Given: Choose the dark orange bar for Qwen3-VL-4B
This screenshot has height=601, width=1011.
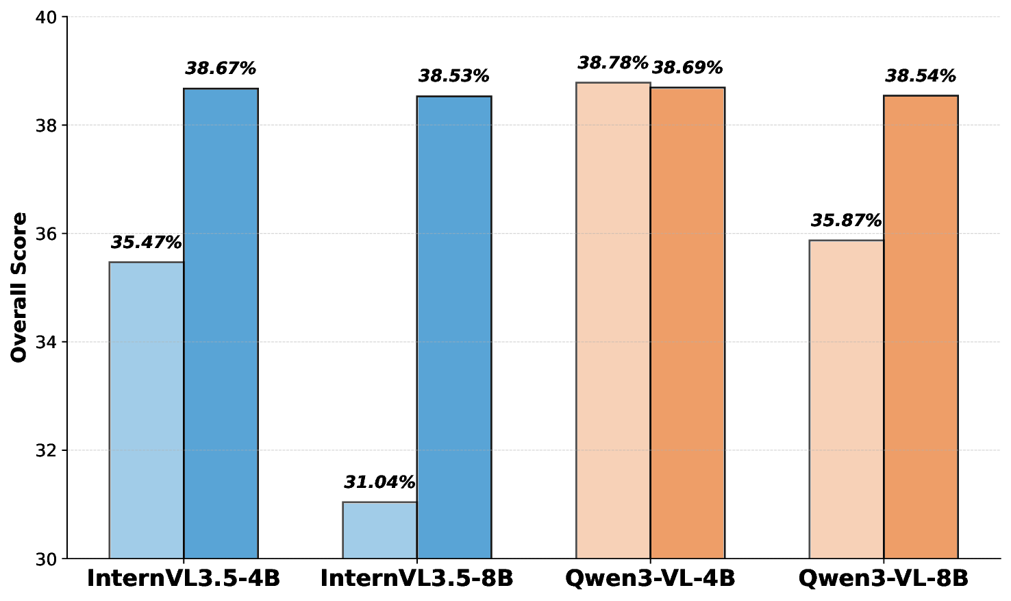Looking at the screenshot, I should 687,323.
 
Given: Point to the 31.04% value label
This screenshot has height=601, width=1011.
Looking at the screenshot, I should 379,482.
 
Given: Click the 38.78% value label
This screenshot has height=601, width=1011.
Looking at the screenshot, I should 612,63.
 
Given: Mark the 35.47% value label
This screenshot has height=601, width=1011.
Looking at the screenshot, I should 146,243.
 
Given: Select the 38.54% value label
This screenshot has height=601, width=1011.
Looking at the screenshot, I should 921,76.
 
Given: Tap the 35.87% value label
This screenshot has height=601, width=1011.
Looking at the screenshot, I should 846,221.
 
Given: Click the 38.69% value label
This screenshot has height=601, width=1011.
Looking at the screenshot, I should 688,68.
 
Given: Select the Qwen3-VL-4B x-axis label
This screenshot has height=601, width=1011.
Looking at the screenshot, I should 650,578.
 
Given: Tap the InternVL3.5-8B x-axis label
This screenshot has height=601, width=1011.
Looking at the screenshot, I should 416,578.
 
